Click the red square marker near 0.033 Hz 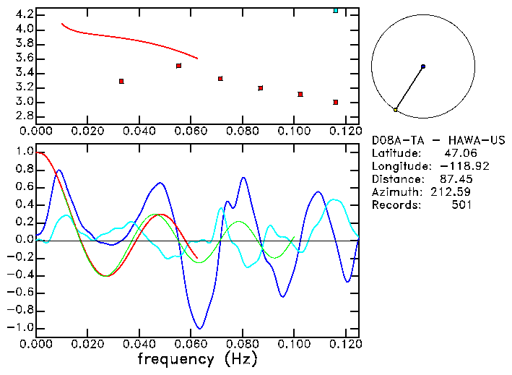tap(121, 81)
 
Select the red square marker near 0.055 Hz tap(178, 66)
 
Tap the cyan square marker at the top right tap(336, 10)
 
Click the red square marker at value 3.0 tap(336, 103)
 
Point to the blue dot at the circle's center tap(423, 66)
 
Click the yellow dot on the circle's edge tap(395, 110)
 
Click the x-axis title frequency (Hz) tap(198, 359)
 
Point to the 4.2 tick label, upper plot tap(23, 14)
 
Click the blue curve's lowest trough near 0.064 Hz tap(199, 328)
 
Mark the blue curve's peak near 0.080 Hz tap(243, 178)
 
